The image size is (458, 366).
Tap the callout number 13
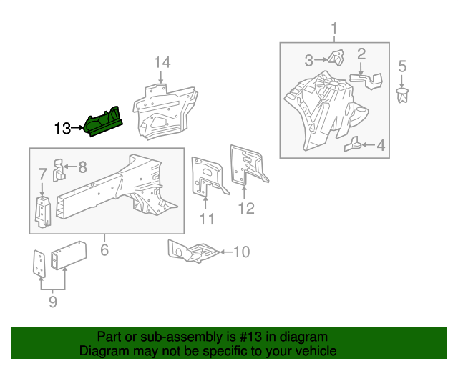pyautogui.click(x=63, y=129)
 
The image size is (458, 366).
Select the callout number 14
pyautogui.click(x=162, y=63)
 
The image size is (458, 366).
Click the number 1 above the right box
pyautogui.click(x=333, y=29)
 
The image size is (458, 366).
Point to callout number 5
pyautogui.click(x=402, y=67)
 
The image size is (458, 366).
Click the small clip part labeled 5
pyautogui.click(x=402, y=95)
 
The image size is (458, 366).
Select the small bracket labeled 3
pyautogui.click(x=333, y=59)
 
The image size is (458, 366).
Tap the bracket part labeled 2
pyautogui.click(x=364, y=79)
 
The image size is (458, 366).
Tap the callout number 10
pyautogui.click(x=241, y=252)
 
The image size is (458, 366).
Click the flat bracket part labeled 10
pyautogui.click(x=191, y=251)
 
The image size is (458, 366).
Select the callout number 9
pyautogui.click(x=52, y=302)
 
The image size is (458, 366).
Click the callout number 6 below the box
pyautogui.click(x=104, y=249)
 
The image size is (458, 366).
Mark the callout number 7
pyautogui.click(x=42, y=174)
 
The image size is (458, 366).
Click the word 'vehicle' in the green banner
pyautogui.click(x=315, y=351)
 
